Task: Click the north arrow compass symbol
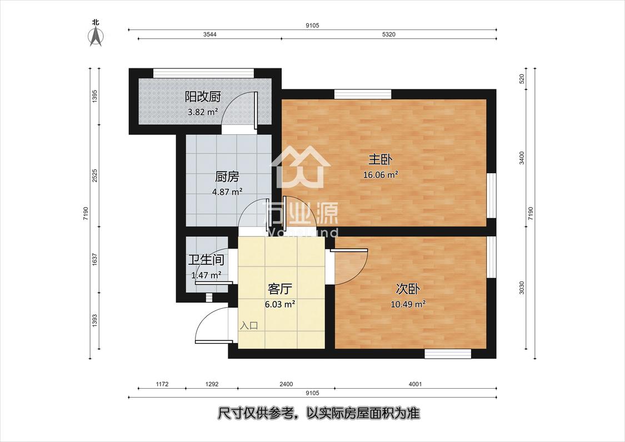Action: coord(95,36)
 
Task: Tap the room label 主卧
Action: coord(381,160)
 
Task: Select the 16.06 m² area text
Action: coord(381,174)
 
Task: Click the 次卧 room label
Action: coord(408,289)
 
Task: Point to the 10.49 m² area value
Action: coord(408,304)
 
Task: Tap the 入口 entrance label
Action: coord(249,325)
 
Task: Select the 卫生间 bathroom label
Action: coord(206,260)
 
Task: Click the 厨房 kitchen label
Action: coord(227,176)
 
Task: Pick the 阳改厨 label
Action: coord(202,97)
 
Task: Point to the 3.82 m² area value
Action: coord(203,112)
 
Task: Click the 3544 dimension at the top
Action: coord(209,34)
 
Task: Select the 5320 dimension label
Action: coord(389,34)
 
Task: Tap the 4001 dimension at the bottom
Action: coord(415,384)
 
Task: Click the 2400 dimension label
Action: coord(286,384)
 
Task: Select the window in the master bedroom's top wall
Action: coord(363,94)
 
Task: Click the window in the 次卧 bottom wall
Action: coord(448,354)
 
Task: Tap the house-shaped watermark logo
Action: coord(301,167)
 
